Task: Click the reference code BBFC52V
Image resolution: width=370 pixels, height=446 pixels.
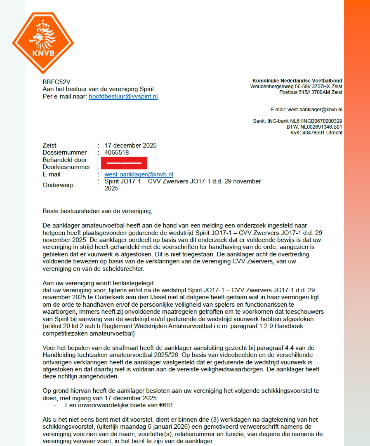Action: click(54, 82)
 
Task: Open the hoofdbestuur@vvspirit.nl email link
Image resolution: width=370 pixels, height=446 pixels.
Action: click(123, 96)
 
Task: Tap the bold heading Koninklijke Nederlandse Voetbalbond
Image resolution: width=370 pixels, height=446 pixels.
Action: click(297, 80)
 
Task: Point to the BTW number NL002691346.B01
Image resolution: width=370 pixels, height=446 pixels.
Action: click(321, 127)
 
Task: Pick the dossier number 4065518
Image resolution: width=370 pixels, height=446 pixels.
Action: click(117, 153)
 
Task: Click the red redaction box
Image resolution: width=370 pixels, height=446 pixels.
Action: click(124, 163)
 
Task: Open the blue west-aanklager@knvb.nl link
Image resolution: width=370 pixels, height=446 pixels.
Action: click(139, 174)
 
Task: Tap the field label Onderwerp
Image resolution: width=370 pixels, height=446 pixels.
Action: click(58, 185)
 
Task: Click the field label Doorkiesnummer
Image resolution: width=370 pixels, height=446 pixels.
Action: click(66, 167)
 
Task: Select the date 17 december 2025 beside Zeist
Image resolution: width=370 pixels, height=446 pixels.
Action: click(131, 146)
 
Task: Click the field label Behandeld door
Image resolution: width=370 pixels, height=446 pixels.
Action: click(65, 160)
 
